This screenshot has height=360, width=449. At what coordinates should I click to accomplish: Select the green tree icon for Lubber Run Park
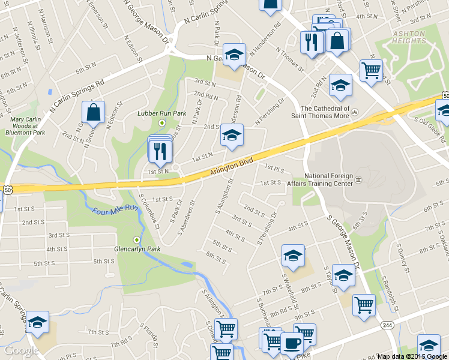(161, 123)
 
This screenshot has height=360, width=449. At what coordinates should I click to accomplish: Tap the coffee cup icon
(292, 343)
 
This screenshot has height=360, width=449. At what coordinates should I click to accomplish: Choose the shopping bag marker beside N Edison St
(94, 112)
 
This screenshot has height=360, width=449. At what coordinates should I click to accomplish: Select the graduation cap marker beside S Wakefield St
(293, 255)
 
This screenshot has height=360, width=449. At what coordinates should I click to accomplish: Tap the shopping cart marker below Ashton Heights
(371, 70)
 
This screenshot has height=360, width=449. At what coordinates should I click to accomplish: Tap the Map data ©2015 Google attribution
(412, 356)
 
